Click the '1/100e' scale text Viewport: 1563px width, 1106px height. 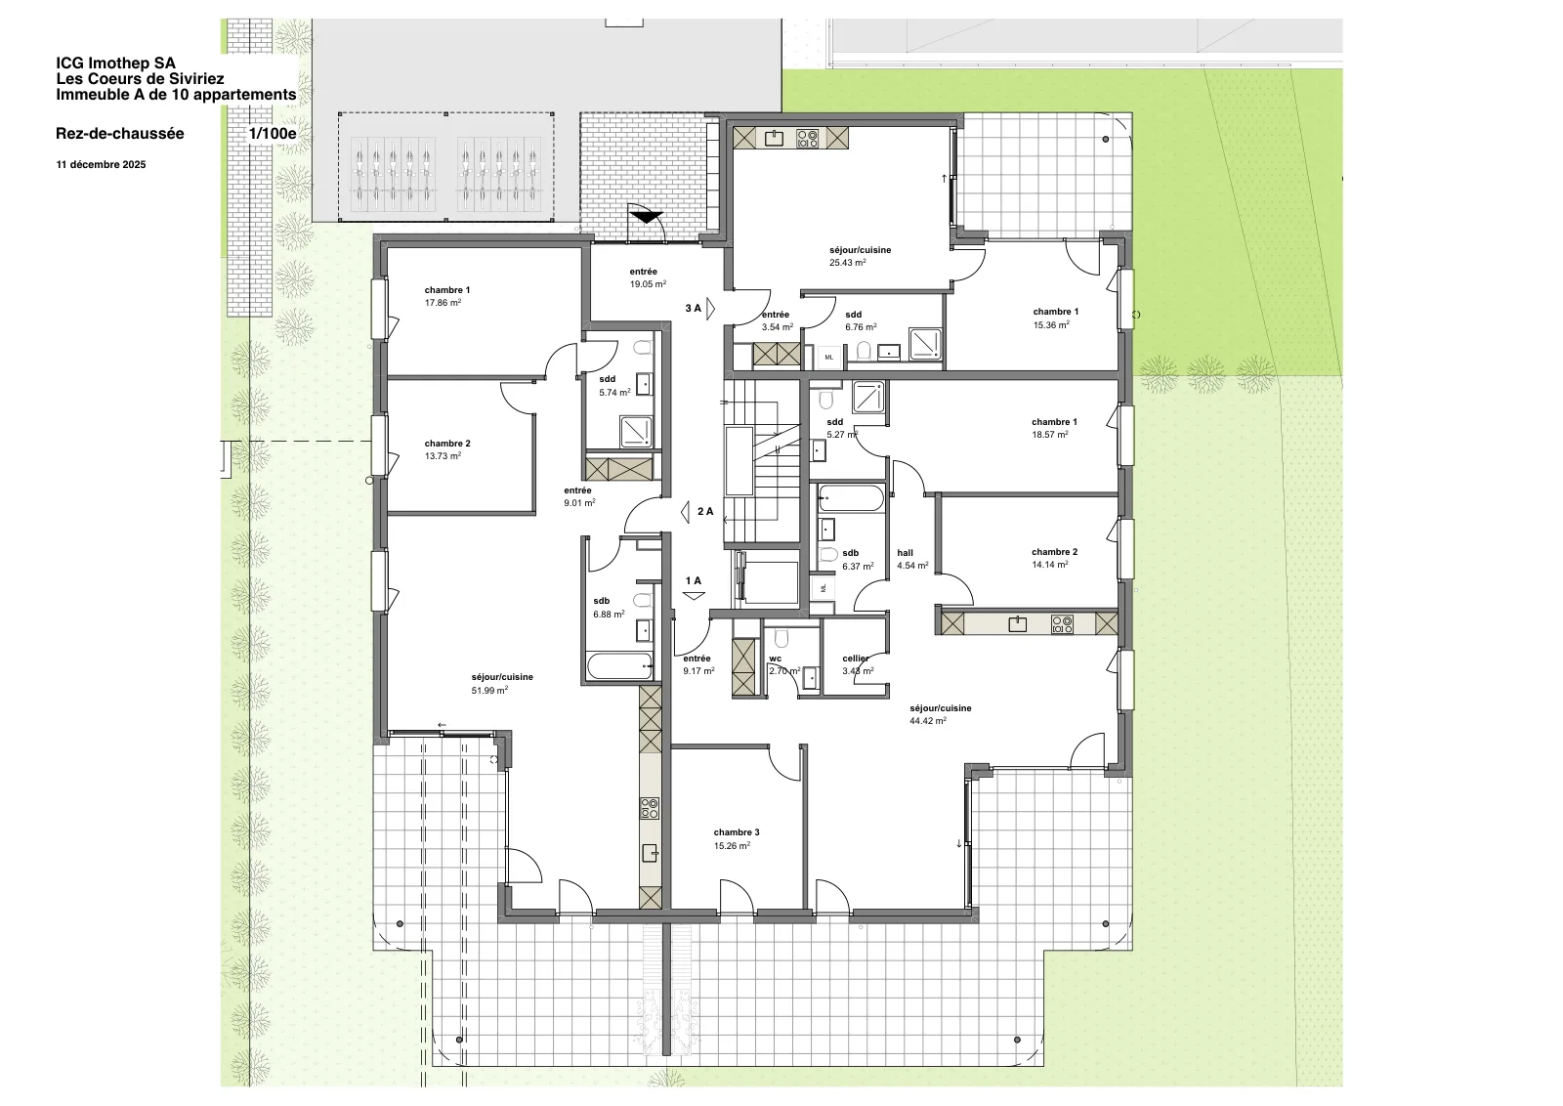(273, 133)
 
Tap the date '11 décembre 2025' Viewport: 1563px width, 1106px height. (102, 165)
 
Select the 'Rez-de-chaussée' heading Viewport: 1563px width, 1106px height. (120, 133)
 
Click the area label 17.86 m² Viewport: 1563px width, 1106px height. (444, 303)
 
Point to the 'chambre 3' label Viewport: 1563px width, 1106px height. (737, 832)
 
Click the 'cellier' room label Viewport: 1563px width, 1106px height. (856, 658)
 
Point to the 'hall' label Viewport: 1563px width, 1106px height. (905, 553)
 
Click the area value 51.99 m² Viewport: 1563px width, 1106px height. (489, 690)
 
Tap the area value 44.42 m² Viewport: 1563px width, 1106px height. (928, 721)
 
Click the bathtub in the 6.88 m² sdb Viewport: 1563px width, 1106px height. (619, 665)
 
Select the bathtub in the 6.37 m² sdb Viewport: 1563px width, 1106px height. (851, 499)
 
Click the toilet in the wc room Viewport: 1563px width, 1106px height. (781, 637)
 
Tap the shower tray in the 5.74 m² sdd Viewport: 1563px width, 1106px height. (636, 432)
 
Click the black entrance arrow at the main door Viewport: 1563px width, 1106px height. (646, 217)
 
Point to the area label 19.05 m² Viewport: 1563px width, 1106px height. (648, 284)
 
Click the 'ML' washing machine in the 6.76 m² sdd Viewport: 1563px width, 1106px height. (829, 358)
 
